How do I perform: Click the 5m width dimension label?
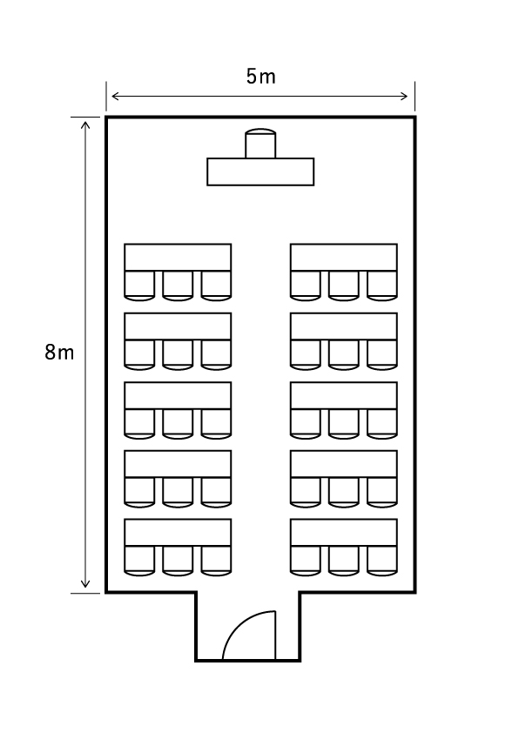(261, 77)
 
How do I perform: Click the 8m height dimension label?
(59, 352)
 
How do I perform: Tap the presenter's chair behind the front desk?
(260, 144)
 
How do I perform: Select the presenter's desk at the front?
(260, 172)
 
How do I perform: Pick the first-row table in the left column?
(178, 257)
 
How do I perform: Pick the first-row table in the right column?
(344, 257)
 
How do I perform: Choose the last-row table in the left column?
(178, 533)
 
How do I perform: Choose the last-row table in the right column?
(344, 533)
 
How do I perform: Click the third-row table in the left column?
(178, 395)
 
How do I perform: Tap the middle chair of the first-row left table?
(178, 286)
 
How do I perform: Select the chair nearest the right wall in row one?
(382, 286)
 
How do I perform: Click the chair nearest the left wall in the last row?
(139, 561)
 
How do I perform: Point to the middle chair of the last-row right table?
(344, 561)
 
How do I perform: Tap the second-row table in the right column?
(344, 326)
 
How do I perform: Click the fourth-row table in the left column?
(178, 464)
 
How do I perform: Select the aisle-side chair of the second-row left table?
(216, 355)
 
